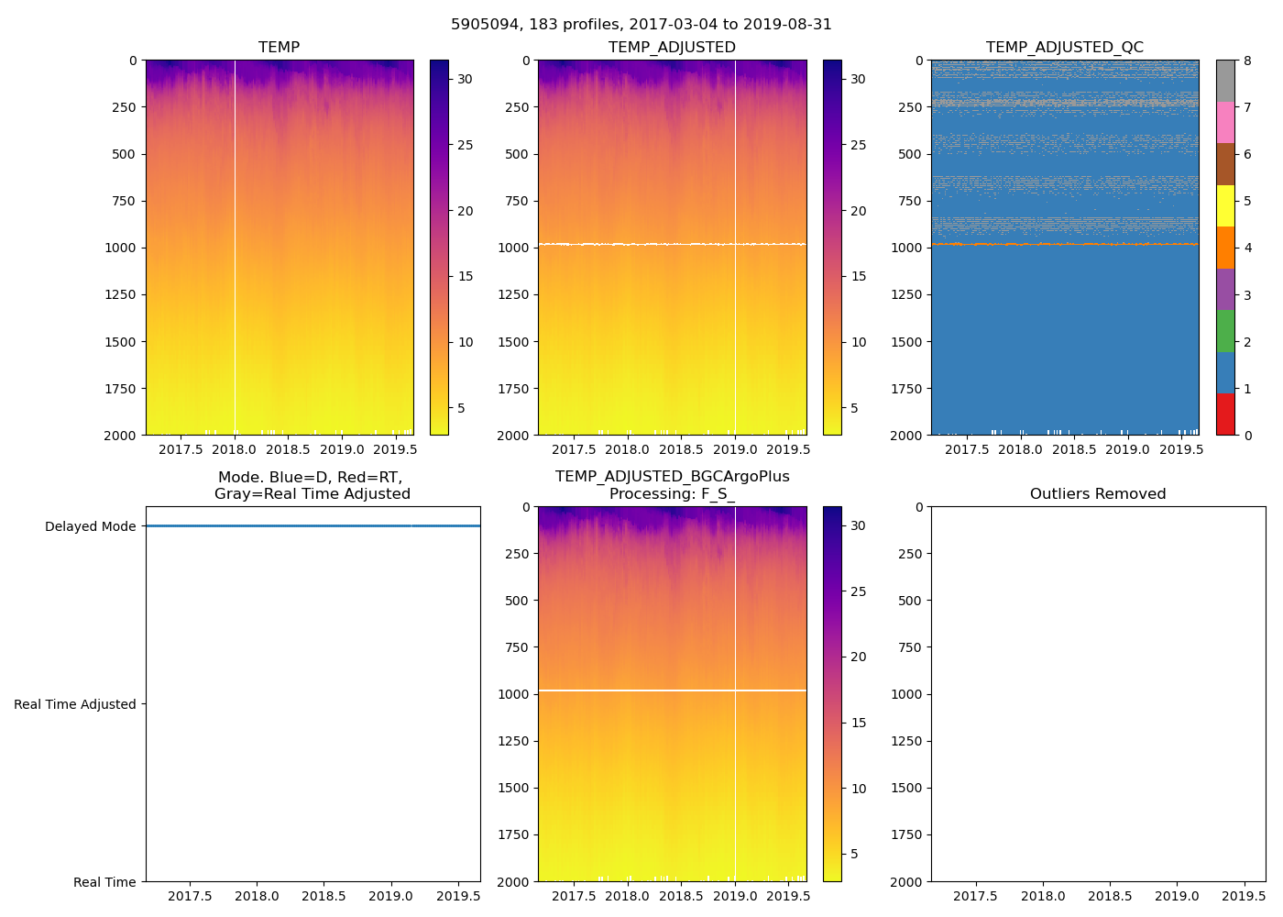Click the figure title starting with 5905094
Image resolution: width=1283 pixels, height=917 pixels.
point(641,25)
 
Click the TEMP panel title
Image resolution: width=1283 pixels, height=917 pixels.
point(279,48)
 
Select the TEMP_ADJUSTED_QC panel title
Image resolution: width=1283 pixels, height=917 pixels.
point(1064,48)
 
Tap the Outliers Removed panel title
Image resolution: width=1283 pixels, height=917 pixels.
point(1097,494)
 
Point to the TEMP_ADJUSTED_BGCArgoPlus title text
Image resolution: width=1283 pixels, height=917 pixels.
point(672,477)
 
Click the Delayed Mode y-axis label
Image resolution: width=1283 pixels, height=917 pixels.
point(90,526)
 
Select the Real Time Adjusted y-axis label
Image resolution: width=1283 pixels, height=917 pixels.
point(74,704)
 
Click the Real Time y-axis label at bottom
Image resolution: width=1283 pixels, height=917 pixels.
point(104,882)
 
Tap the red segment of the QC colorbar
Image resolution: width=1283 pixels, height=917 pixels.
point(1225,414)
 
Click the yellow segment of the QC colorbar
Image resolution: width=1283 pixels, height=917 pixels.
point(1225,205)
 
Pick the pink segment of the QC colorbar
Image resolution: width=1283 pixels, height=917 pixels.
point(1225,122)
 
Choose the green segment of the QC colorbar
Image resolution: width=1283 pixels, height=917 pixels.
point(1225,331)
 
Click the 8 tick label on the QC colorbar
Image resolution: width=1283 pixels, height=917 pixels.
point(1246,61)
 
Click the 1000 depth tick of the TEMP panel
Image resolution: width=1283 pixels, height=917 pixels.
point(120,248)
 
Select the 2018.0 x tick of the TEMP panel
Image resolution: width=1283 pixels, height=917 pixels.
point(235,449)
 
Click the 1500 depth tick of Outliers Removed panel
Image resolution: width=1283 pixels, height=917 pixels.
point(906,788)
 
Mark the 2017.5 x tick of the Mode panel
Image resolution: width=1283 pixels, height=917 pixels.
point(190,896)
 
